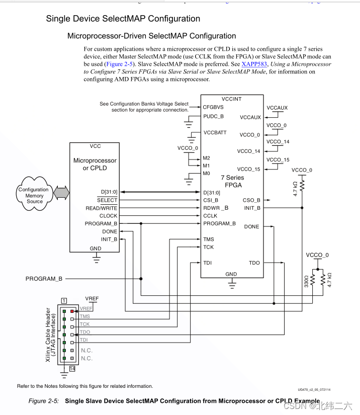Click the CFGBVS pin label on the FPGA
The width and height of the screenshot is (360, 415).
click(x=213, y=107)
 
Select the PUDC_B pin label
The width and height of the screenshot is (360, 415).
click(x=213, y=116)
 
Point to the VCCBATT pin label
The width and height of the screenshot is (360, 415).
click(x=215, y=133)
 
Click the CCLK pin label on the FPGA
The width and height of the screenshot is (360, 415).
click(x=211, y=215)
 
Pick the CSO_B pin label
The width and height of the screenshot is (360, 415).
click(x=251, y=200)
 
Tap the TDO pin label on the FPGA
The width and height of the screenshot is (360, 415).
click(x=254, y=263)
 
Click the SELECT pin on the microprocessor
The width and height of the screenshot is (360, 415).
click(x=107, y=200)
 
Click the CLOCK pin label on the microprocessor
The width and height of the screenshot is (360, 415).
click(x=108, y=216)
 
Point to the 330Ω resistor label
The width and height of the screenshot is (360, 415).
click(x=306, y=281)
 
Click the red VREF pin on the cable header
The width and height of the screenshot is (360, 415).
click(x=72, y=311)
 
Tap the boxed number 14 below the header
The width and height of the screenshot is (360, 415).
click(x=72, y=368)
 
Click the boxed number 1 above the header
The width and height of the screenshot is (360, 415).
click(x=64, y=300)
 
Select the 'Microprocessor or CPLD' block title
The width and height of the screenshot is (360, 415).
click(x=95, y=164)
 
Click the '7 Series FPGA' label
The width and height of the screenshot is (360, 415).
click(x=232, y=181)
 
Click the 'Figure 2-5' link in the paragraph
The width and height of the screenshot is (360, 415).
click(x=119, y=64)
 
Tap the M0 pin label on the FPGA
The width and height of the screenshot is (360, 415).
click(x=206, y=173)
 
